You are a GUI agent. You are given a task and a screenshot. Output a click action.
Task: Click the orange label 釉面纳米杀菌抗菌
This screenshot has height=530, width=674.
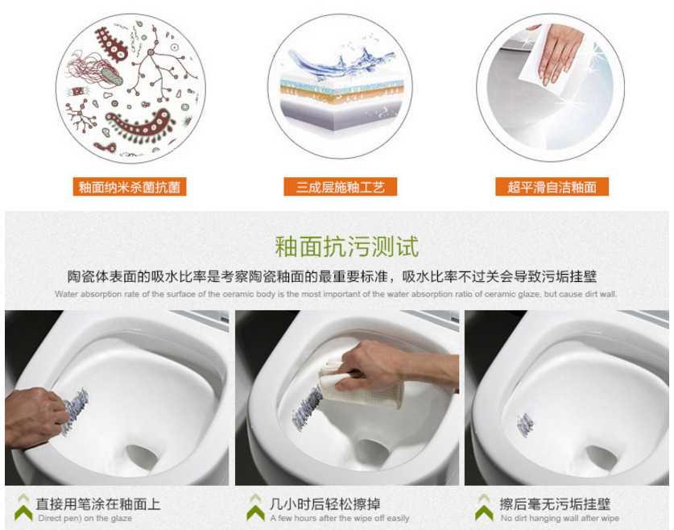coord(130,187)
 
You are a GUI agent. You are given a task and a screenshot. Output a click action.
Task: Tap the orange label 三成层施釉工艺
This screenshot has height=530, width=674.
coord(340,187)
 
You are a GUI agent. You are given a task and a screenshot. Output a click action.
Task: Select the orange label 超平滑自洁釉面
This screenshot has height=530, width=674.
coord(552,187)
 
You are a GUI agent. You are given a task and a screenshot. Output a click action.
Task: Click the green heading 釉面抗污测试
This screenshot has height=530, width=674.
coord(347,246)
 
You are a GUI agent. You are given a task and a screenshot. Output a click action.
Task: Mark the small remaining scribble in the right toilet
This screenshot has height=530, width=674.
coord(525,424)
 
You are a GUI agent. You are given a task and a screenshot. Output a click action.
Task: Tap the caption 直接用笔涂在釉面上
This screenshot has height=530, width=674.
coord(98,503)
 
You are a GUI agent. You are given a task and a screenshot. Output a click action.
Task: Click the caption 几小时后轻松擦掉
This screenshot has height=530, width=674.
coord(325,503)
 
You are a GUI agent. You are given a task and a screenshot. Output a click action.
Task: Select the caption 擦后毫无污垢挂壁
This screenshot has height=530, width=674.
coord(555,503)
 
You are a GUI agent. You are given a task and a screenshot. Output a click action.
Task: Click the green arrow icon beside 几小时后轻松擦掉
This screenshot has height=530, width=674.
coord(255,507)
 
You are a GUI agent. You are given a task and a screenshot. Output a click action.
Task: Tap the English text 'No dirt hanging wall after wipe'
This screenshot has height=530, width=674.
coord(560,519)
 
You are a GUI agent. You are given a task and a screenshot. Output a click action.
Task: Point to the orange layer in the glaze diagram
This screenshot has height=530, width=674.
coord(341,93)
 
